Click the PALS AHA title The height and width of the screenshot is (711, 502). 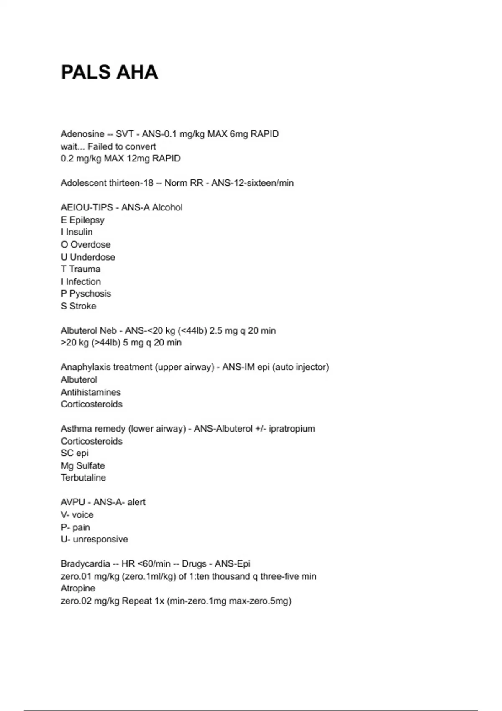click(x=109, y=72)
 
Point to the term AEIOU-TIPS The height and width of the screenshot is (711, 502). click(x=87, y=207)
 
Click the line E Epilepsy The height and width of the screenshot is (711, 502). click(x=82, y=220)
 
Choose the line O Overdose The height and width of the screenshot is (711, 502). click(x=86, y=244)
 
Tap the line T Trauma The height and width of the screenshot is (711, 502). click(x=81, y=269)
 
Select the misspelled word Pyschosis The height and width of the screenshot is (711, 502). click(x=90, y=294)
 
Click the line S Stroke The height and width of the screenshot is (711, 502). click(x=79, y=306)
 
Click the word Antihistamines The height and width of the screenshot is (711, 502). click(x=91, y=392)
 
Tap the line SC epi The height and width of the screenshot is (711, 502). click(x=74, y=453)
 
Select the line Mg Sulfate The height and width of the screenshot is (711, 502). click(x=83, y=465)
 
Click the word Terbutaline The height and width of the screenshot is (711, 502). click(x=83, y=478)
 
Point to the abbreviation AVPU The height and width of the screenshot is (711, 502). click(x=73, y=502)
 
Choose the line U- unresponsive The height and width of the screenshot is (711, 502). click(x=94, y=539)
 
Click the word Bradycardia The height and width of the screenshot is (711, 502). click(x=85, y=564)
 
